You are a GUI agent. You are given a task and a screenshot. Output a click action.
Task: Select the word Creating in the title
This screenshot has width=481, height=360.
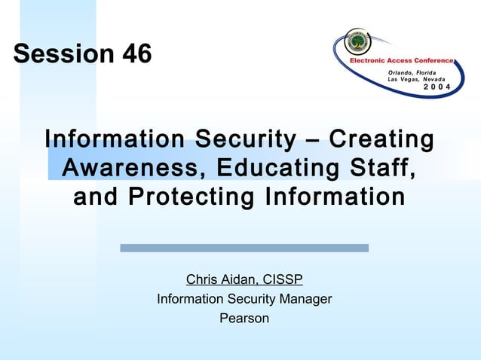(381, 139)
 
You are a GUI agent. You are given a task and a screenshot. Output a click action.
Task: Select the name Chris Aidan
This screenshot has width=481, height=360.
(219, 280)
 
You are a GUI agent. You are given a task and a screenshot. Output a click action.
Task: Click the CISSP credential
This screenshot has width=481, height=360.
(281, 280)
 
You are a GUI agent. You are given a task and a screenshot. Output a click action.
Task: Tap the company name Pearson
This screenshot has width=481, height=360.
(244, 318)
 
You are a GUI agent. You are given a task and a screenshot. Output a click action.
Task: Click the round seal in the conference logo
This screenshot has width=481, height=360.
(358, 41)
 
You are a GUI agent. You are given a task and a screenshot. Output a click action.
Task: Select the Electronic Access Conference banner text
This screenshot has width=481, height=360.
(400, 60)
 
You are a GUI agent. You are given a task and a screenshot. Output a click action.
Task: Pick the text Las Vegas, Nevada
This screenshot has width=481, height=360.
(415, 80)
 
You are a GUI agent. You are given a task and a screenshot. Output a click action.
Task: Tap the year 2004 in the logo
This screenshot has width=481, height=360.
(437, 88)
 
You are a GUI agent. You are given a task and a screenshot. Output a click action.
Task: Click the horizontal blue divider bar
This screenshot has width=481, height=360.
(244, 248)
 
